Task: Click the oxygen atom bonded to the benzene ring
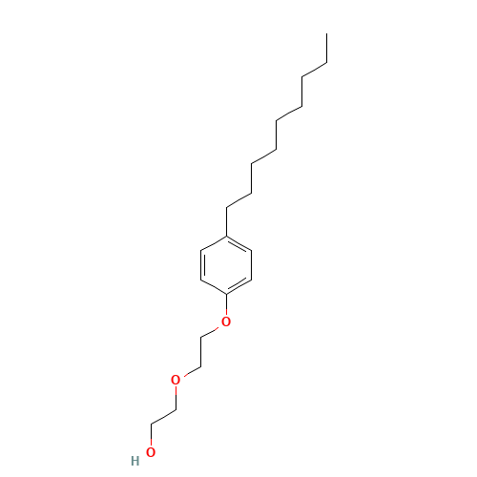point(226,321)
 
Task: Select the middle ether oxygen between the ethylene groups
point(176,380)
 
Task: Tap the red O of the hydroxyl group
point(151,452)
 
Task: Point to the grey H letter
point(135,461)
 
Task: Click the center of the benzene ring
point(226,265)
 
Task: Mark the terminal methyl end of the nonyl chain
point(326,33)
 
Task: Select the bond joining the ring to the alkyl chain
point(226,222)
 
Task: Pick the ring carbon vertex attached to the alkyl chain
point(226,237)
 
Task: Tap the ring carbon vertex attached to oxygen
point(226,295)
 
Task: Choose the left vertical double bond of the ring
point(202,265)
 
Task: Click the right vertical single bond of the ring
point(251,265)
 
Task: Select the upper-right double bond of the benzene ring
point(238,244)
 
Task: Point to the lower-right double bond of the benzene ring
point(238,286)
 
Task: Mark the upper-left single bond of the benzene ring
point(214,243)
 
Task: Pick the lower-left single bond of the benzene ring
point(214,287)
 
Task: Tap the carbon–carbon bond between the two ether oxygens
point(200,352)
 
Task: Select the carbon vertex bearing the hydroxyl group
point(151,424)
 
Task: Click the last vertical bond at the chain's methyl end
point(326,48)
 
